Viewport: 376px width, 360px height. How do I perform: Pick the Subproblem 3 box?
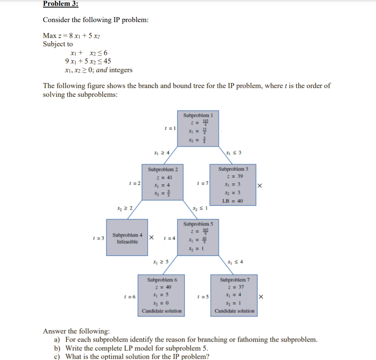(234, 184)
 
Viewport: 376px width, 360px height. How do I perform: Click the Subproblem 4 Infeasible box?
(127, 237)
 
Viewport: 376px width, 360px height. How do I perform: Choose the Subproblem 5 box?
(198, 237)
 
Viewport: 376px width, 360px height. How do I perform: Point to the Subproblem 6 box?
(162, 295)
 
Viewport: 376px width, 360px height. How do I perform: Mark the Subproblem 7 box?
(234, 295)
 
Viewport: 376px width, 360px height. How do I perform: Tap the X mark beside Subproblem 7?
(261, 297)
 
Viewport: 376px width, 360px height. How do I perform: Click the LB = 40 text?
(234, 201)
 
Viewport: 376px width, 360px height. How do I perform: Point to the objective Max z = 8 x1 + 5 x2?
(72, 36)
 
